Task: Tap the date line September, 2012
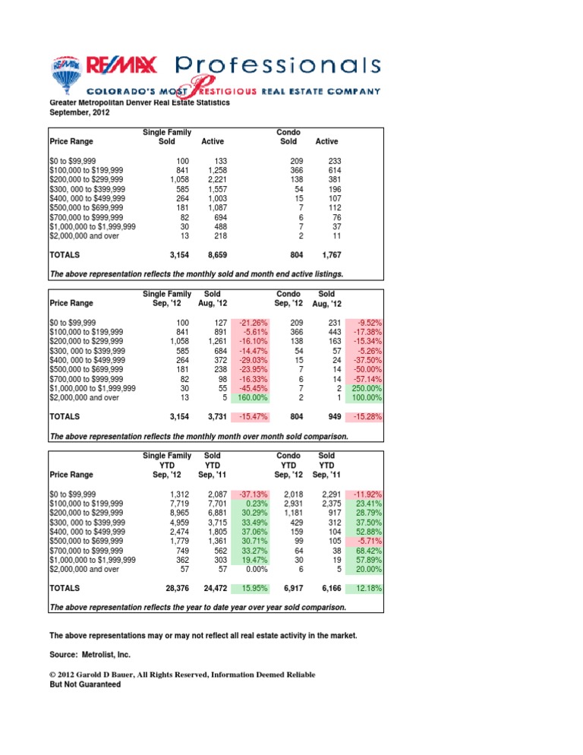80,113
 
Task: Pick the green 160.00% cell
251,399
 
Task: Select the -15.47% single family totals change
251,417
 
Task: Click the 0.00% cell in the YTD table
251,569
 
